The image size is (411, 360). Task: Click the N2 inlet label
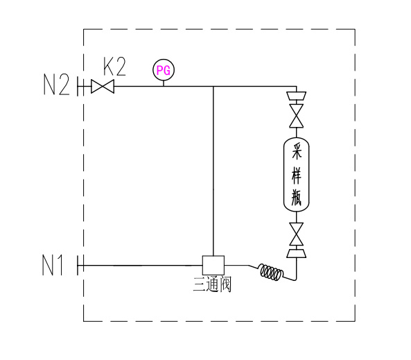(56, 84)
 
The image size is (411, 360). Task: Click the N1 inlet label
(53, 265)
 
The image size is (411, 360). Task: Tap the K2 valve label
(114, 67)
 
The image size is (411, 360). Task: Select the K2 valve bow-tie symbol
(103, 86)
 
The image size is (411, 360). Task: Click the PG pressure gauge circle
(164, 70)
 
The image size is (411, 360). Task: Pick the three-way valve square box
(213, 265)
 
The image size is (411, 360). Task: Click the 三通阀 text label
(212, 284)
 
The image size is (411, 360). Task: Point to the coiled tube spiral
(272, 272)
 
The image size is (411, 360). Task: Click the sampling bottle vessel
(297, 175)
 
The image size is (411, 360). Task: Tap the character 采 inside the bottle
(297, 152)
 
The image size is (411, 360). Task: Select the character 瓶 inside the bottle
(297, 197)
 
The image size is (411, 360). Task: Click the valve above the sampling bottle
(297, 116)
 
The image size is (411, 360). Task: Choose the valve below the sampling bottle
(297, 234)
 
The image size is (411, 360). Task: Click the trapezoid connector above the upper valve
(297, 96)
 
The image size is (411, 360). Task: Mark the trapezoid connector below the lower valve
(297, 254)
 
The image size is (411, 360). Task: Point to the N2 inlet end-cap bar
(78, 86)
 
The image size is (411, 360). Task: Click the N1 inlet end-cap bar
(78, 265)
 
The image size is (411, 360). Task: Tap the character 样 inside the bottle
(297, 175)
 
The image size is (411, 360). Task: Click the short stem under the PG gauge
(164, 83)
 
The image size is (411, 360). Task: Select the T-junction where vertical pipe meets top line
(213, 86)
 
